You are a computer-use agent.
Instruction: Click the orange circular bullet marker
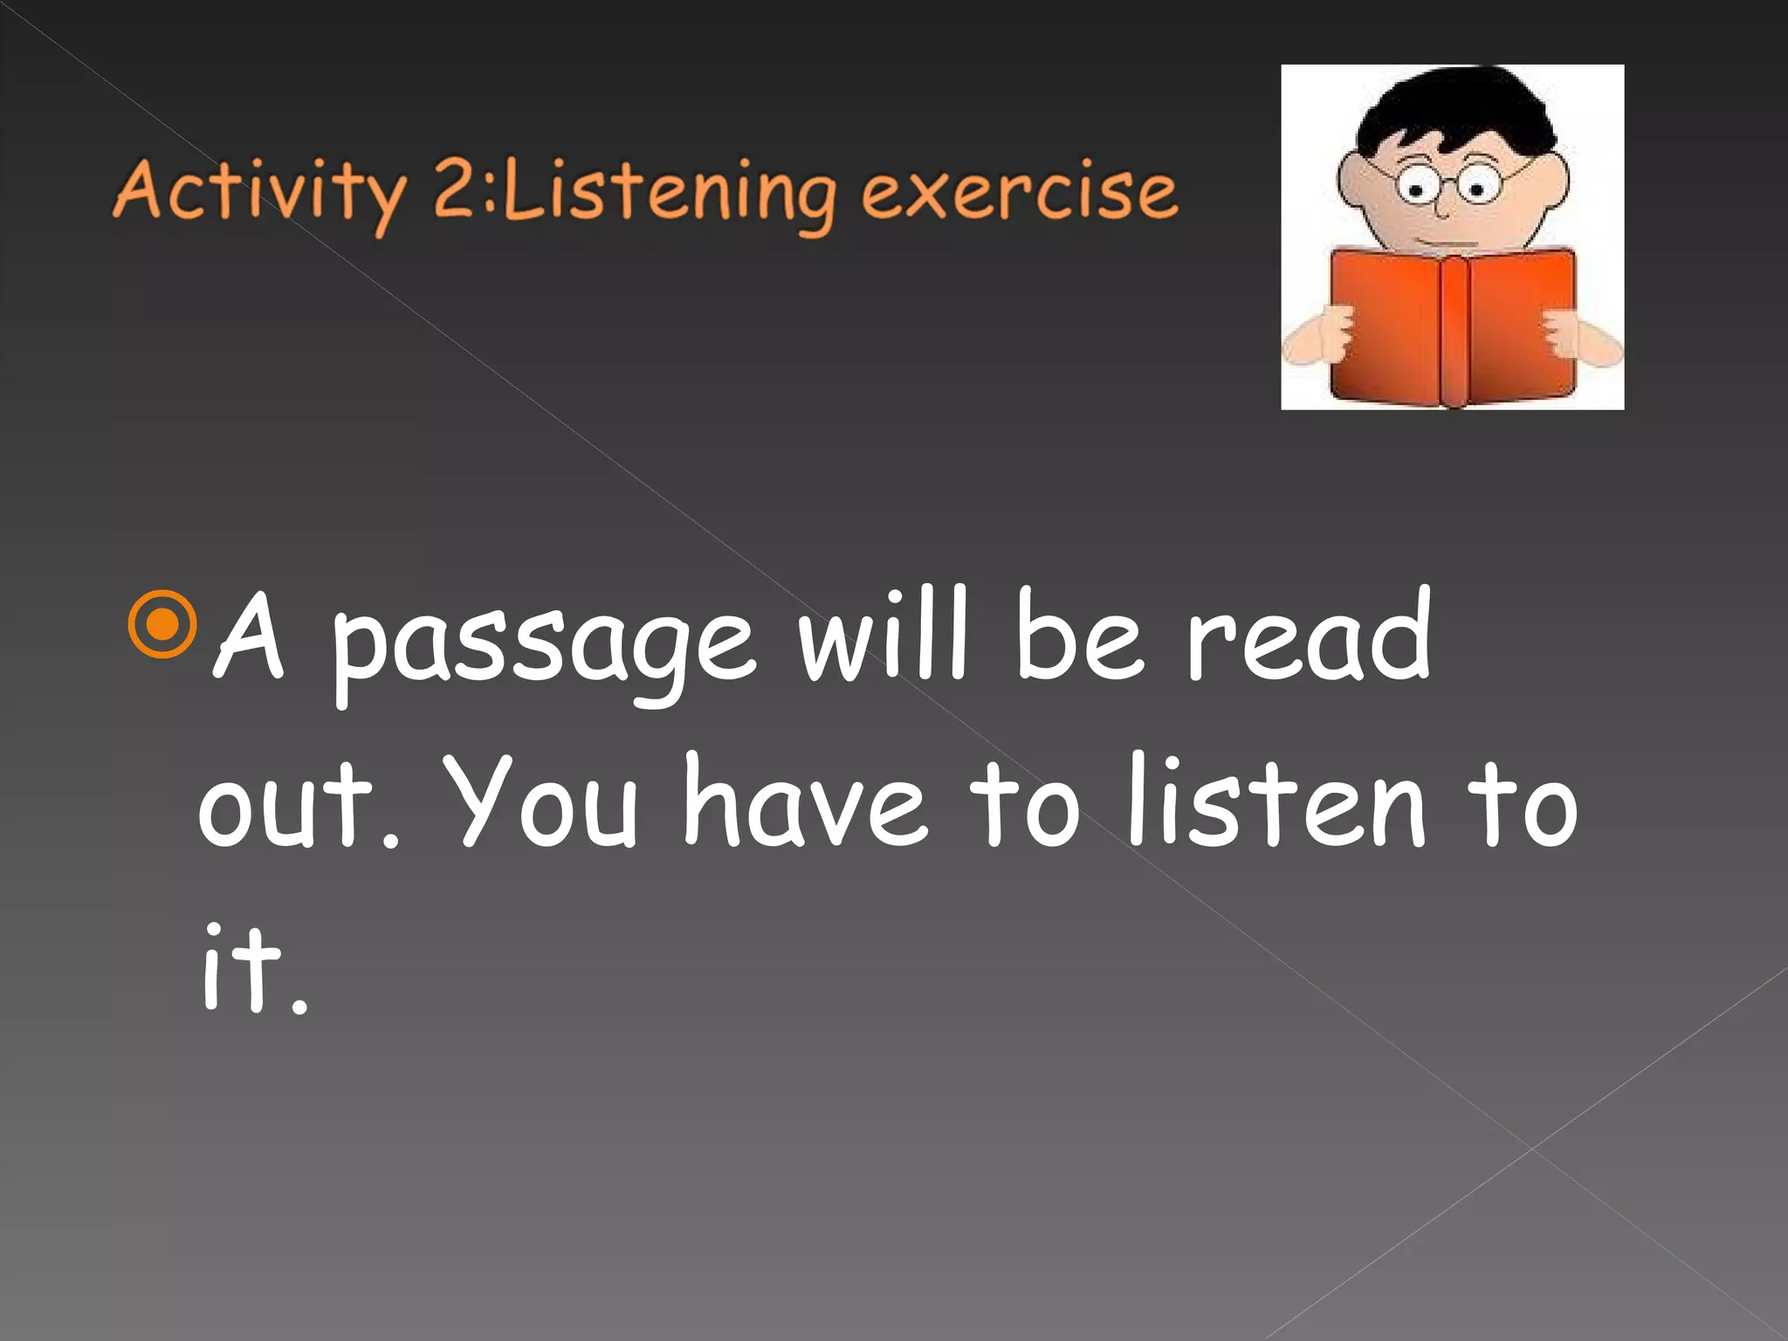[162, 624]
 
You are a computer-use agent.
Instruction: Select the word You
[546, 803]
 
